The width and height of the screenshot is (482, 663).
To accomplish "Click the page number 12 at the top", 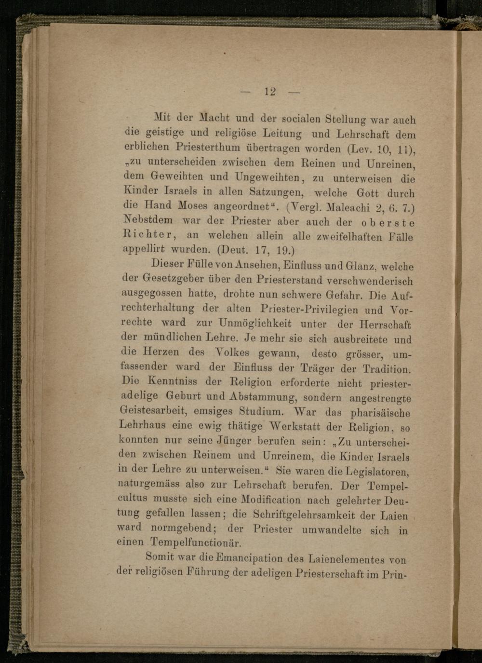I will point(269,92).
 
